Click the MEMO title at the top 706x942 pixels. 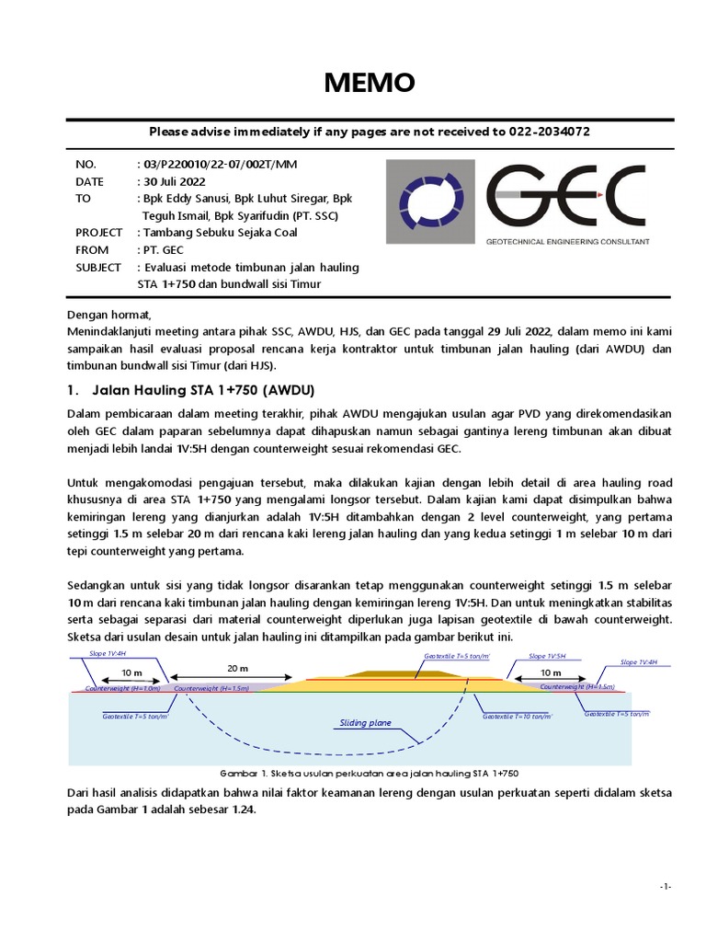(x=368, y=84)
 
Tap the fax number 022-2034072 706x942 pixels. (x=548, y=132)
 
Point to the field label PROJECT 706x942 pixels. (x=99, y=233)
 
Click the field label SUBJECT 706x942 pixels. (x=98, y=267)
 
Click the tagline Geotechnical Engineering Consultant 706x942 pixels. (x=567, y=241)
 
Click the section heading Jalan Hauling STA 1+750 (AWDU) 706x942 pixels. (x=199, y=389)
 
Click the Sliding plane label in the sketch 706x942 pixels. (x=365, y=723)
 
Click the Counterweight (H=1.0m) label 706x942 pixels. (x=122, y=687)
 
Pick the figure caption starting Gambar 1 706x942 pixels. (x=371, y=774)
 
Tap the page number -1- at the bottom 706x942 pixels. (x=666, y=886)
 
